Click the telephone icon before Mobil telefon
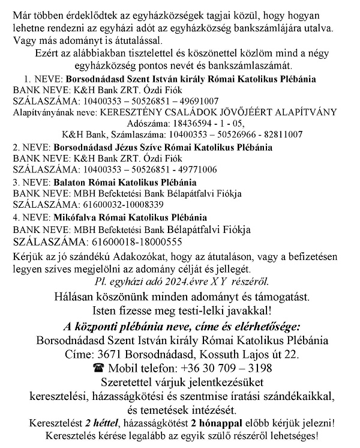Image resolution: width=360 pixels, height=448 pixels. (98, 368)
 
